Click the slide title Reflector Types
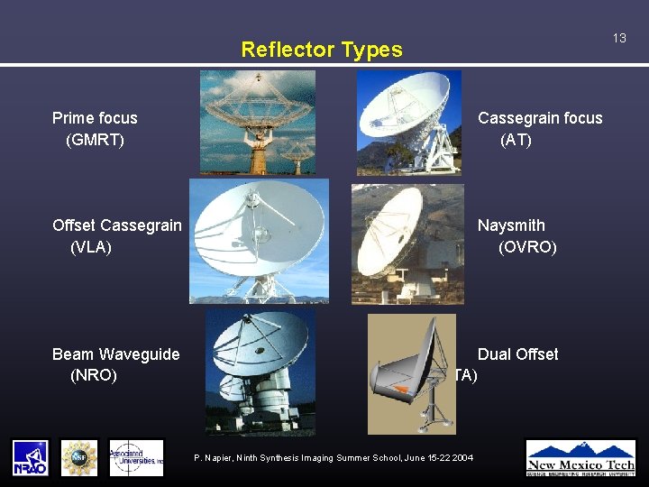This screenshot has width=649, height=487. tap(322, 50)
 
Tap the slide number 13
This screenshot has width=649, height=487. tap(619, 38)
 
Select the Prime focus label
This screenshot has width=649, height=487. tap(95, 118)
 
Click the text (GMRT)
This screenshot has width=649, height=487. tap(95, 140)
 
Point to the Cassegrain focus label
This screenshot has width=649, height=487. tap(540, 118)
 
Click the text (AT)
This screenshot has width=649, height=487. tap(516, 140)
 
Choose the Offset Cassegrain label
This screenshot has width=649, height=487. tap(116, 225)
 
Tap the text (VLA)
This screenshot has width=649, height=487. tap(91, 247)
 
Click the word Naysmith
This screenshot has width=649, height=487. tap(511, 225)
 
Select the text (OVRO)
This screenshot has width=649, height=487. tap(527, 247)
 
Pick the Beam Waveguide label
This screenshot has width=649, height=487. tap(115, 354)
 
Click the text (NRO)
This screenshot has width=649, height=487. tap(94, 375)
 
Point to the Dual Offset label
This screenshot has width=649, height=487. tap(517, 354)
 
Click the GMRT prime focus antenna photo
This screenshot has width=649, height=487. tap(257, 122)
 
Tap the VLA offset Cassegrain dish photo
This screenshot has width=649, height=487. tap(259, 241)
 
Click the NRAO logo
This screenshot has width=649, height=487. tap(30, 457)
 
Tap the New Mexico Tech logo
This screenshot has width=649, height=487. tap(580, 457)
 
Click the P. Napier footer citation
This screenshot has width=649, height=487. tap(334, 458)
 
